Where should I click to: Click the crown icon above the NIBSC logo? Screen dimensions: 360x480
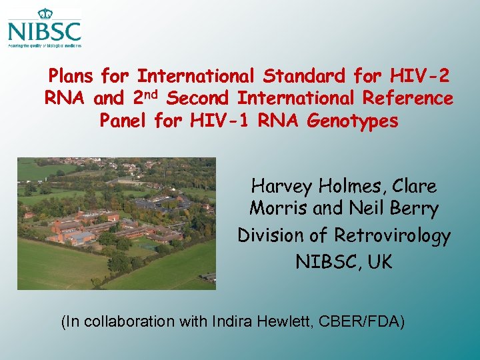(x=45, y=13)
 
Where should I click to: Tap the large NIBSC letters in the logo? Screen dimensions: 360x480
(x=45, y=31)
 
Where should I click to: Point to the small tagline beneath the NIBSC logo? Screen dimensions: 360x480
(x=45, y=46)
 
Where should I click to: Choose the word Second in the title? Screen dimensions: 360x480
(x=199, y=99)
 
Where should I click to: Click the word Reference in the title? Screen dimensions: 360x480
(x=407, y=99)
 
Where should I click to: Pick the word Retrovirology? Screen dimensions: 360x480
(x=392, y=235)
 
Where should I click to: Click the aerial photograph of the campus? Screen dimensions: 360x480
(x=116, y=223)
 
